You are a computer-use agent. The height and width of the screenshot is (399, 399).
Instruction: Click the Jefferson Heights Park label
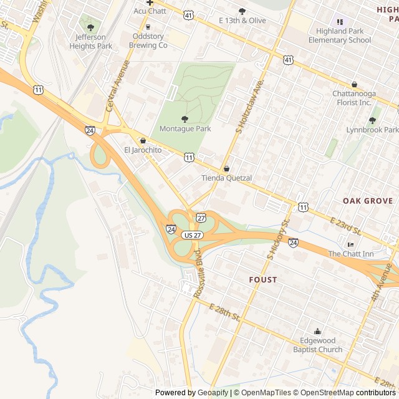click(x=91, y=41)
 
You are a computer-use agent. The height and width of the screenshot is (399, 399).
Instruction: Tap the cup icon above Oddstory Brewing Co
click(x=148, y=26)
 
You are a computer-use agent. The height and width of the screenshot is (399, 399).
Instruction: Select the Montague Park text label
click(x=185, y=128)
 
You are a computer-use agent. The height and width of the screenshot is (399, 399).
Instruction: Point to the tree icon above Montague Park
click(x=185, y=118)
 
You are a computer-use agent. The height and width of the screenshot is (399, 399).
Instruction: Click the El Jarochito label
click(x=143, y=150)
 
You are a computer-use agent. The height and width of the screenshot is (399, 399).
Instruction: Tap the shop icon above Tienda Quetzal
click(x=226, y=168)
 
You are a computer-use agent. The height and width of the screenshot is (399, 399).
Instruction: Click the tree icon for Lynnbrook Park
click(x=373, y=120)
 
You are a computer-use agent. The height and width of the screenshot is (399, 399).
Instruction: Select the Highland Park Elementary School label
click(x=340, y=36)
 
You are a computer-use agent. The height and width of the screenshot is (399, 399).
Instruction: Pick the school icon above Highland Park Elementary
click(x=340, y=22)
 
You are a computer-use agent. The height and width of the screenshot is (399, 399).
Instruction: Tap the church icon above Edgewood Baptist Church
click(x=318, y=331)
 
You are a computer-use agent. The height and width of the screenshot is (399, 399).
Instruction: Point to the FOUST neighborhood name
click(x=262, y=279)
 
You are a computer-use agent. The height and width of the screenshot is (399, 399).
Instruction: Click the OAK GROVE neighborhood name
click(x=368, y=201)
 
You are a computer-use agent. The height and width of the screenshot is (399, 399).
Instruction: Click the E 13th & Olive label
click(x=243, y=21)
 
